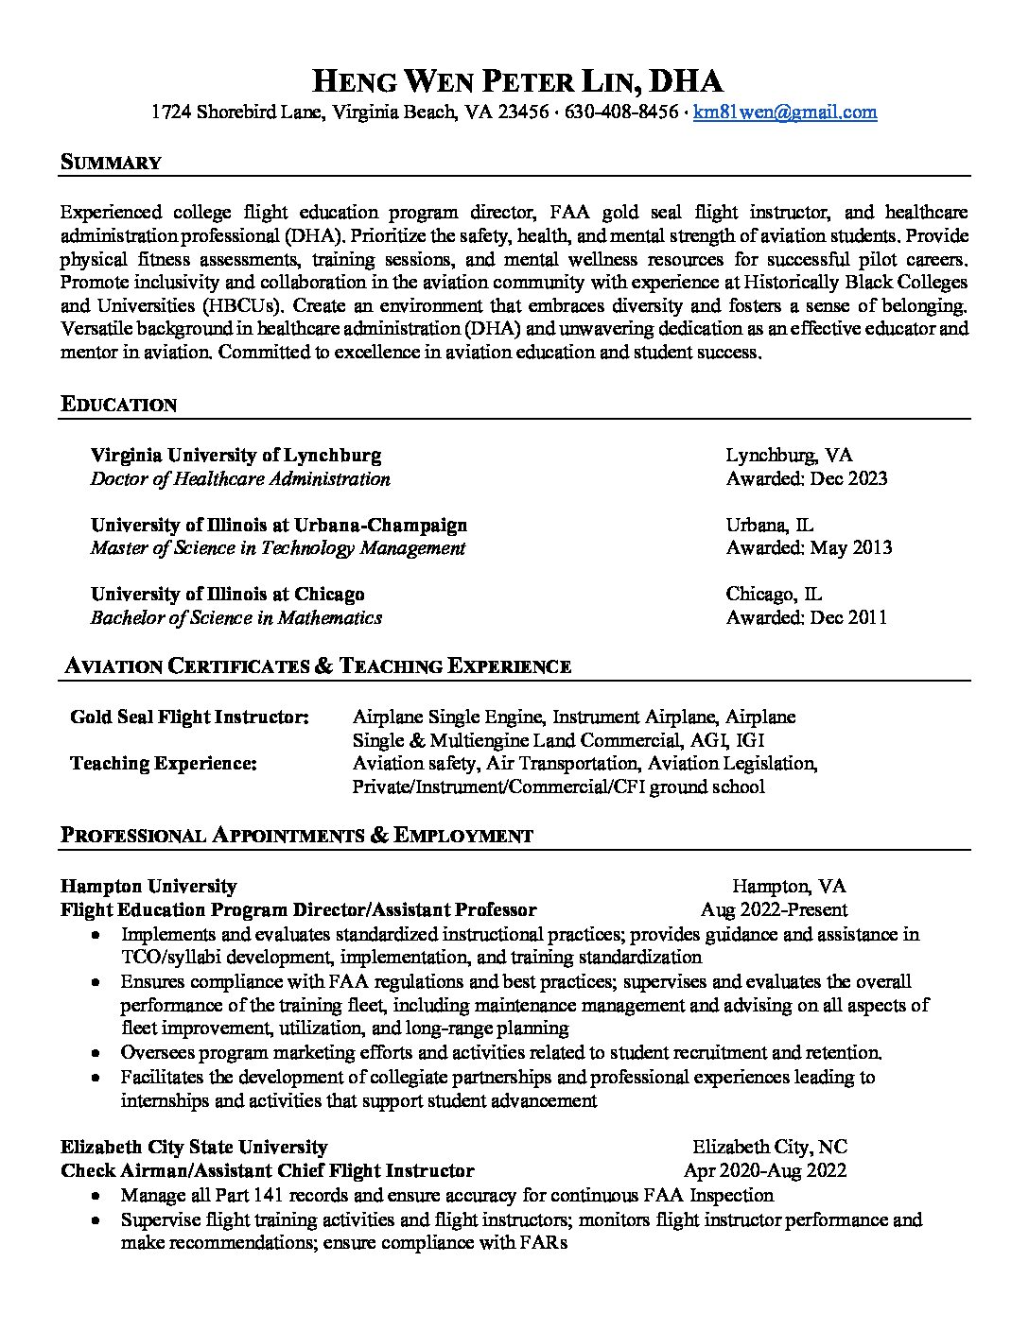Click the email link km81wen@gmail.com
coord(784,112)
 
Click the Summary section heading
coord(111,163)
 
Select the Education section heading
coord(118,405)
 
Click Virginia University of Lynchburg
coord(235,456)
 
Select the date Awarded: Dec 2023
coord(807,478)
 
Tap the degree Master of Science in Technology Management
coord(278,548)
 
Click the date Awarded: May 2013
coord(809,548)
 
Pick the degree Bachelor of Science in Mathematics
coord(236,618)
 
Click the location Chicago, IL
coord(774,595)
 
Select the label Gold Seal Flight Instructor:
coord(189,717)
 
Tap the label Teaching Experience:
coord(163,764)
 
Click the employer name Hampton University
coord(148,887)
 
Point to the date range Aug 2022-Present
coord(774,910)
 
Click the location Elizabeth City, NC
coord(769,1148)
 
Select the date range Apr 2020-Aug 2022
coord(765,1171)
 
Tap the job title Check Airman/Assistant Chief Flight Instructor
coord(267,1171)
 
